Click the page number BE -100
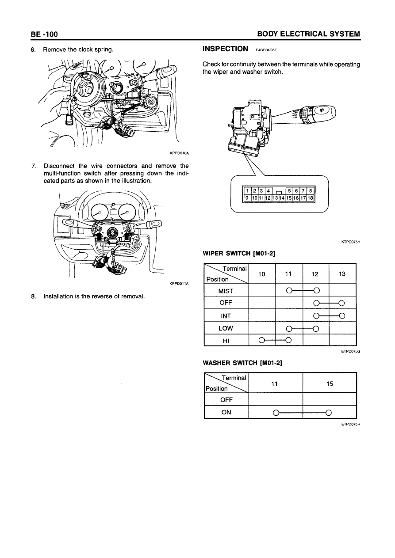pos(44,34)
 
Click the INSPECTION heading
pos(225,49)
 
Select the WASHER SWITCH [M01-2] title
pos(242,363)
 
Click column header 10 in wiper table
pos(262,274)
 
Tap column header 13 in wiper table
pos(342,274)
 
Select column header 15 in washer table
pos(330,384)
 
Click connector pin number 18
pos(311,198)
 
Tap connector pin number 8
pos(311,191)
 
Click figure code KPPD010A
pos(179,153)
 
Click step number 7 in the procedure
pos(34,166)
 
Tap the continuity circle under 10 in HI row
pos(261,340)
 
